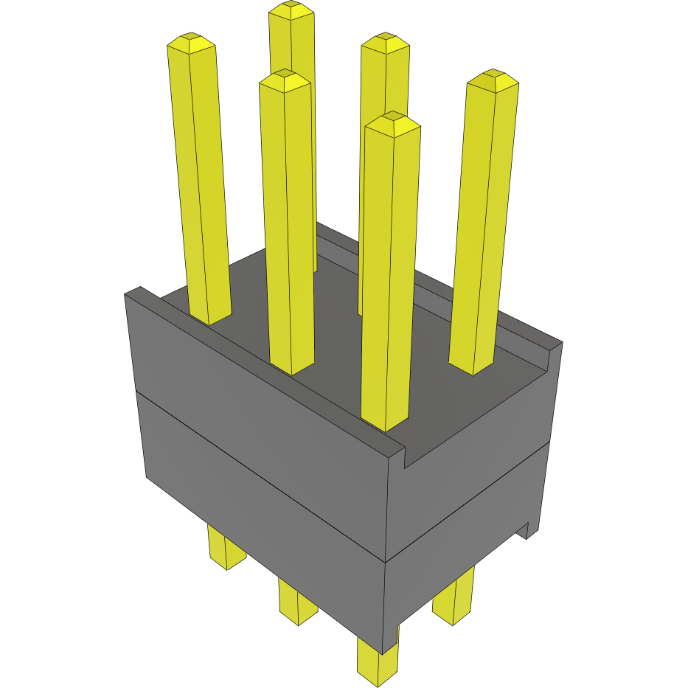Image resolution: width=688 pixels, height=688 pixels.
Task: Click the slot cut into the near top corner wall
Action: (x=405, y=458)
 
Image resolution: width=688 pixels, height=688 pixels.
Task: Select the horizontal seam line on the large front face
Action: (x=258, y=472)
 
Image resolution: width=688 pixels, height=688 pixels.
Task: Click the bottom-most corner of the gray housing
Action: (x=384, y=653)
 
